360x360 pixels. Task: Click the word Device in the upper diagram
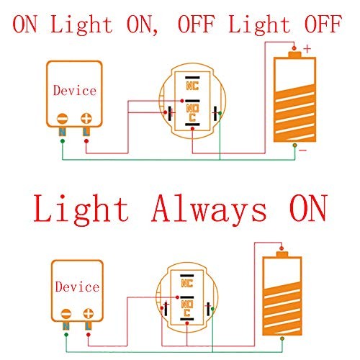[75, 90]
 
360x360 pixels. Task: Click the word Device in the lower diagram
[77, 287]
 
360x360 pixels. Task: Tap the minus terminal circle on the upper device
[63, 119]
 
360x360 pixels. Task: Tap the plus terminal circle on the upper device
[86, 118]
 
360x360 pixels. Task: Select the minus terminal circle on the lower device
[66, 314]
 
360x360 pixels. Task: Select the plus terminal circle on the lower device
[89, 314]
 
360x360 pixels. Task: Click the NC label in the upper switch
[192, 86]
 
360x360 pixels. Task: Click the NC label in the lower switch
[187, 283]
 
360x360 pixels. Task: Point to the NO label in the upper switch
[192, 109]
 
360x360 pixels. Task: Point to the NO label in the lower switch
[187, 305]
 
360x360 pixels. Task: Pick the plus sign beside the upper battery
[307, 49]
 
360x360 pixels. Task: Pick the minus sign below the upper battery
[303, 150]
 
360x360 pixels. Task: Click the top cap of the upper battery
[294, 55]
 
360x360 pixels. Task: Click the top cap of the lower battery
[282, 254]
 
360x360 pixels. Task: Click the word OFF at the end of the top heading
[323, 24]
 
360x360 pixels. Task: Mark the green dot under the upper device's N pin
[63, 141]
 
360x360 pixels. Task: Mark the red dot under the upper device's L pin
[86, 141]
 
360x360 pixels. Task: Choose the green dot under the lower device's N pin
[66, 335]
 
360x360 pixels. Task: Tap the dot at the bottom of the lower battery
[282, 338]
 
